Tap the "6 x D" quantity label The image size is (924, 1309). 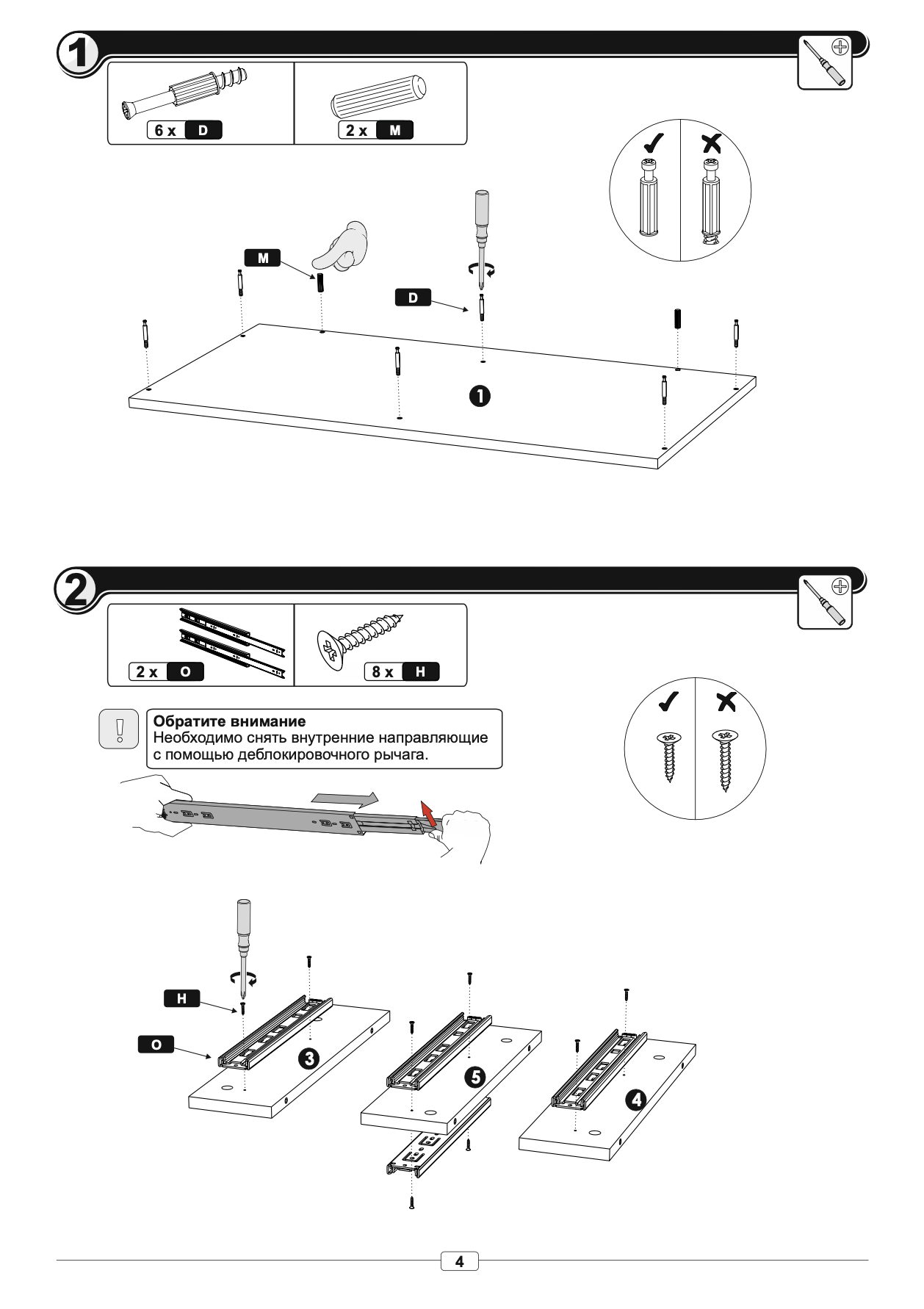[184, 131]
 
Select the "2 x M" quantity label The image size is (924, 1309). [375, 131]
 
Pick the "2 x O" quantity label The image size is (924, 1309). [166, 671]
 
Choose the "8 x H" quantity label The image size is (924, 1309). [401, 671]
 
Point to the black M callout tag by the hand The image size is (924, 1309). [262, 258]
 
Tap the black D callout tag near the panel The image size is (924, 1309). [413, 297]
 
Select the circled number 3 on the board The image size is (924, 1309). [308, 1059]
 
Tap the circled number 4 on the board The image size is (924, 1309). [635, 1100]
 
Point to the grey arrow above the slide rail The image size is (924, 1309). [344, 798]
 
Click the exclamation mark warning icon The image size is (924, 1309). [119, 729]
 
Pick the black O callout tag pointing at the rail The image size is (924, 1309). [156, 1045]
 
